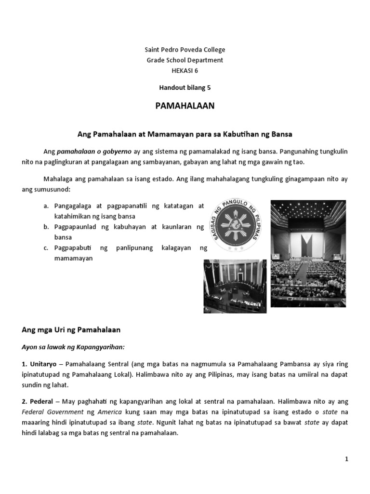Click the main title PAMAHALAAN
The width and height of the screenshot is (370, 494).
(185, 106)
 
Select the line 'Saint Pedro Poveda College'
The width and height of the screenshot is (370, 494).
(185, 50)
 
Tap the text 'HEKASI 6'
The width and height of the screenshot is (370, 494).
(185, 70)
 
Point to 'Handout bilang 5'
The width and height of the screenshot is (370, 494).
(185, 88)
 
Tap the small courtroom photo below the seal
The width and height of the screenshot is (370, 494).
(235, 286)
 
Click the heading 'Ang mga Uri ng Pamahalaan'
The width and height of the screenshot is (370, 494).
(71, 330)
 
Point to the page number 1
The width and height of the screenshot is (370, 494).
(346, 460)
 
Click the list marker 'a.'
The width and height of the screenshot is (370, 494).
(46, 206)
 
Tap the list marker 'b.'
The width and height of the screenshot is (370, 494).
(46, 227)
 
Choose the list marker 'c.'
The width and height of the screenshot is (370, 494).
(46, 248)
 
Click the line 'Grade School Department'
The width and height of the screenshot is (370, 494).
(185, 60)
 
